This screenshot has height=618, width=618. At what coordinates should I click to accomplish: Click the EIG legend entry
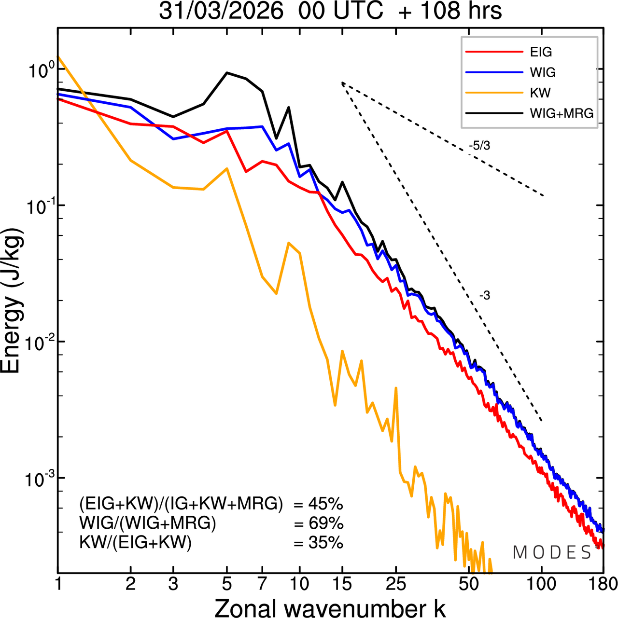click(541, 52)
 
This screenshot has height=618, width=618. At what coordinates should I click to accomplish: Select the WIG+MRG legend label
click(562, 113)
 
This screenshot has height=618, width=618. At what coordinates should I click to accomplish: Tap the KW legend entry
click(540, 93)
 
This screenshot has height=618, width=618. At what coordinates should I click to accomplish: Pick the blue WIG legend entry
click(543, 72)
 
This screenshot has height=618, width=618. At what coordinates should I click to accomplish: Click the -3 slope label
click(485, 296)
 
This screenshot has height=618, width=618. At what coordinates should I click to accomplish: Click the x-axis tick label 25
click(396, 584)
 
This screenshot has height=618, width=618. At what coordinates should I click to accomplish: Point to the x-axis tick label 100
click(542, 584)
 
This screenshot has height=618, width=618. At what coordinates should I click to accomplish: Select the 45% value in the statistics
click(325, 505)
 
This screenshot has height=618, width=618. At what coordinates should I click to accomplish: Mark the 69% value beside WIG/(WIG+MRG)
click(325, 524)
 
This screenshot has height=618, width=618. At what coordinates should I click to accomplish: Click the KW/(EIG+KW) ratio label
click(136, 543)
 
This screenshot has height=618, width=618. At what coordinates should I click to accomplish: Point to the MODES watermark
click(552, 553)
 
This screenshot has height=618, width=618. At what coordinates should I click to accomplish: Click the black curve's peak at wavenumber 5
click(227, 73)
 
